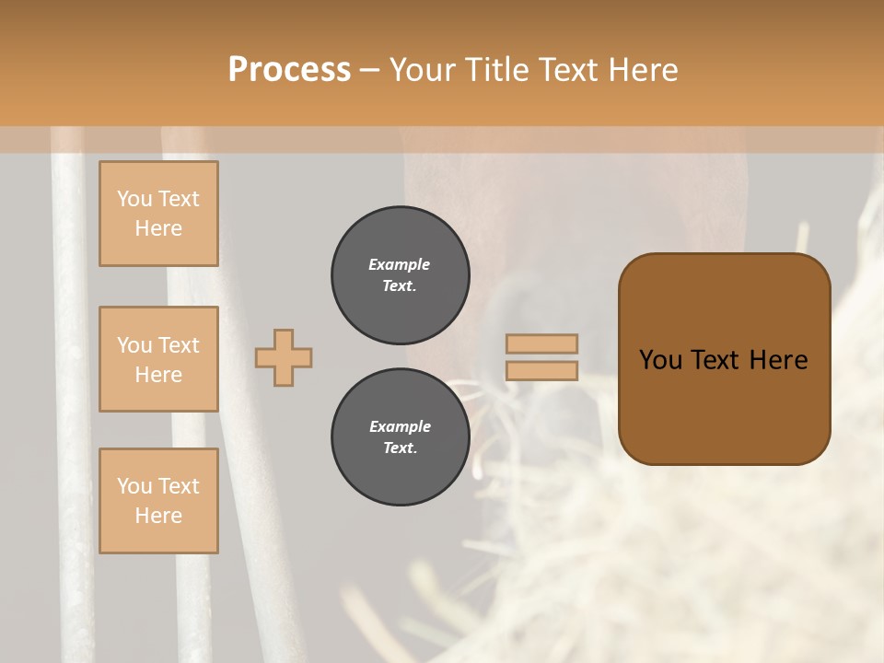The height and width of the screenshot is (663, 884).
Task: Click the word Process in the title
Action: click(289, 70)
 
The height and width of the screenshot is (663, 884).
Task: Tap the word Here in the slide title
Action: click(642, 70)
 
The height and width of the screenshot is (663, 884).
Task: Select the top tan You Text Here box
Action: click(158, 214)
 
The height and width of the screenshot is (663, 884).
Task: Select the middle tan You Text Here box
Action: click(158, 359)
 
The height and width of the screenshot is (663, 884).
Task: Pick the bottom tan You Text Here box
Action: click(158, 501)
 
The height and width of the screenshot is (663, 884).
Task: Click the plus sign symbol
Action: click(284, 357)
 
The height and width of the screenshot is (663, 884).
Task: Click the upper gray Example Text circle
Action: click(401, 275)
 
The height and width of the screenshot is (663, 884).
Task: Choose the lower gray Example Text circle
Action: click(401, 437)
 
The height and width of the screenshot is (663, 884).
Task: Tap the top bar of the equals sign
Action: click(542, 344)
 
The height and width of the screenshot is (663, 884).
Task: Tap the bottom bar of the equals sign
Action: click(542, 371)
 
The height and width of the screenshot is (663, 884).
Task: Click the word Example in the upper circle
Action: click(400, 265)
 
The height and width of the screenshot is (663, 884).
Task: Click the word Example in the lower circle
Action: click(400, 427)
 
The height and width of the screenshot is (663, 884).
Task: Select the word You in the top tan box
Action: click(134, 199)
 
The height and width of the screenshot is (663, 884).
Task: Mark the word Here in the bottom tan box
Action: click(158, 516)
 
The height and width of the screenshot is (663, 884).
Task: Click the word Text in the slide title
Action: click(572, 70)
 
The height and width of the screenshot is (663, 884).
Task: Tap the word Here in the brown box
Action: click(779, 360)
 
